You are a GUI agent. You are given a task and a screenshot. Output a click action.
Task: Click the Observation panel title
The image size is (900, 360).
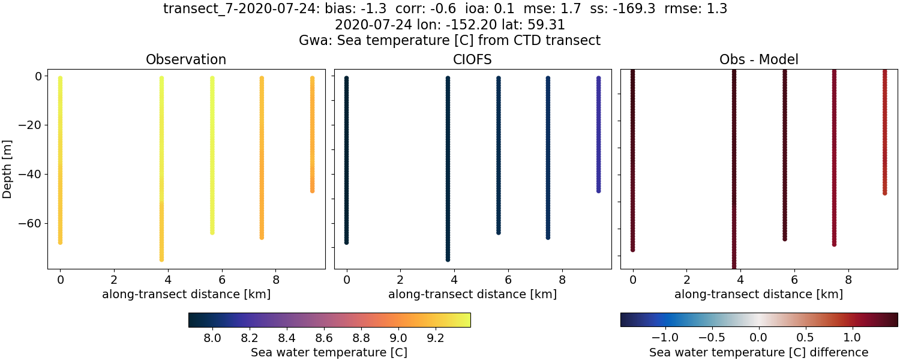186,59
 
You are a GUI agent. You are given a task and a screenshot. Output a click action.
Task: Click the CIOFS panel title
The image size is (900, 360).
472,59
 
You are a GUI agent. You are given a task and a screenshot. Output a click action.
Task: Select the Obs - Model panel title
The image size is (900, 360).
758,59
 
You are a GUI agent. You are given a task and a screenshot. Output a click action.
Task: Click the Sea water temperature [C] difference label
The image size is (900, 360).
758,352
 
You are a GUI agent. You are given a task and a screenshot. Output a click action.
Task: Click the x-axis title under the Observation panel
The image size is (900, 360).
186,294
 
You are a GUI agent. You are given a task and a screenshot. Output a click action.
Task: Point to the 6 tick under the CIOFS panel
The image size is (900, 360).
508,279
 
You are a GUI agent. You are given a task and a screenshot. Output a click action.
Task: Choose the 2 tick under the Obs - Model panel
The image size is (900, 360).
687,279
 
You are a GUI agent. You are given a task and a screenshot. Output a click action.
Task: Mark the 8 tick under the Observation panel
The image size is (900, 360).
276,279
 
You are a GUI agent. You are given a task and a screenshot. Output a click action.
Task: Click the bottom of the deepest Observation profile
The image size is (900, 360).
161,259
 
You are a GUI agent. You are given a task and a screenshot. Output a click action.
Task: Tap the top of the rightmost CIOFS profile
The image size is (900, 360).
598,79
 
